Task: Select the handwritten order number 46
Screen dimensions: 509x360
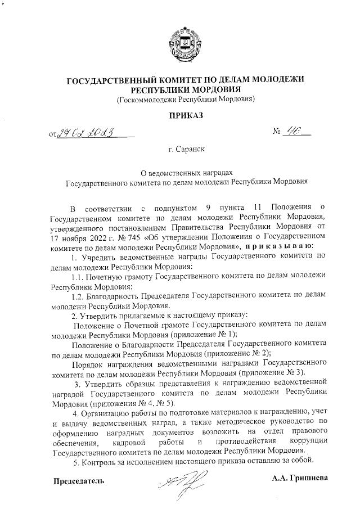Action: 292,132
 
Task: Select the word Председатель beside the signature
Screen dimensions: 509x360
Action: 79,481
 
